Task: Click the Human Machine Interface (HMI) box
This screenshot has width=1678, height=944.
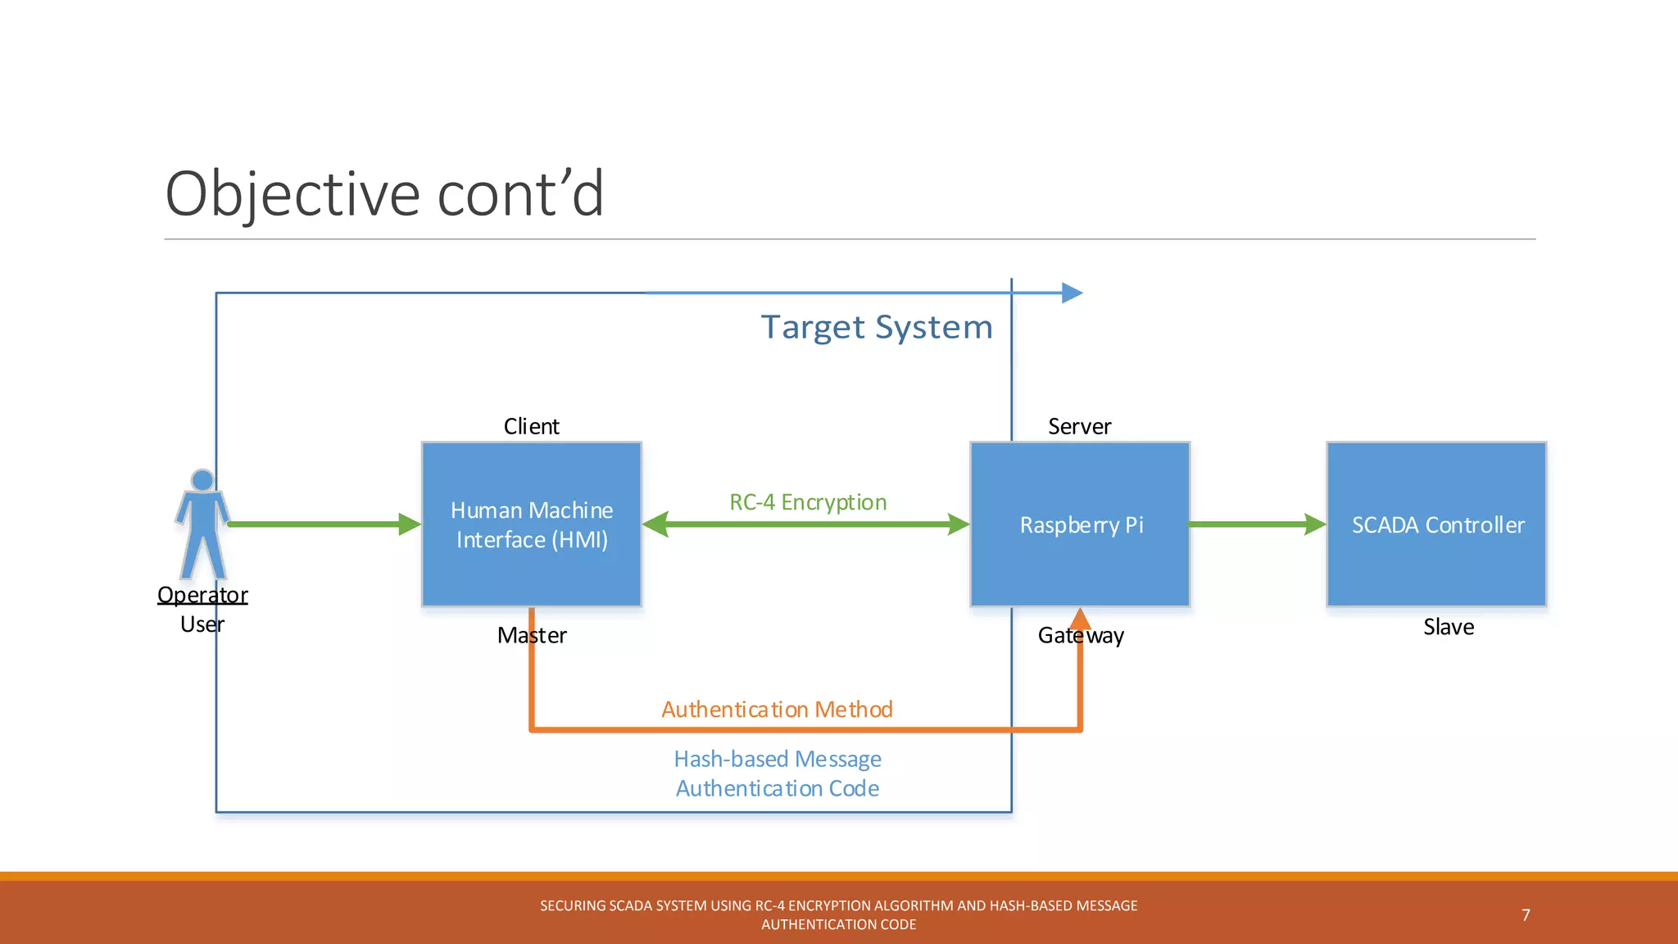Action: click(x=531, y=524)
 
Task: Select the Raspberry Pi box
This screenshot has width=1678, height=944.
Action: click(x=1080, y=524)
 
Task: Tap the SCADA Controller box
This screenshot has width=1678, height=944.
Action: click(x=1436, y=524)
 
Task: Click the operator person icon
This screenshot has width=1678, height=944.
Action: click(x=202, y=524)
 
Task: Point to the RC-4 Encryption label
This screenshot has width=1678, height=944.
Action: click(x=808, y=501)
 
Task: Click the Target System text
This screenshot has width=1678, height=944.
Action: click(x=876, y=327)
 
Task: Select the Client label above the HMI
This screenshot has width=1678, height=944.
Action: click(x=531, y=426)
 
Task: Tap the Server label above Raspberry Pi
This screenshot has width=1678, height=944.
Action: click(x=1079, y=426)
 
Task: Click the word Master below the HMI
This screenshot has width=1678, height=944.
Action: click(x=531, y=635)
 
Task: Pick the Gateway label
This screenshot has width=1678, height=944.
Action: click(x=1080, y=635)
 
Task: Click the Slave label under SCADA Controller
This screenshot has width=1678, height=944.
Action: click(x=1448, y=627)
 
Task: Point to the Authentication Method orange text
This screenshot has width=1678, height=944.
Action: click(x=777, y=709)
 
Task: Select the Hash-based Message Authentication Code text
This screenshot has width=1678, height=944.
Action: click(x=777, y=773)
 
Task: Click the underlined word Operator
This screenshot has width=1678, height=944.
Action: click(x=202, y=594)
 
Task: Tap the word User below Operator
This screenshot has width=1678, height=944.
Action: click(x=202, y=624)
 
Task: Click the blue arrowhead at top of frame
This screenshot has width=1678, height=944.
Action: click(x=1072, y=293)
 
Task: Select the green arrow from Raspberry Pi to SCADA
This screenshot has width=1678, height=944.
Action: click(x=1256, y=524)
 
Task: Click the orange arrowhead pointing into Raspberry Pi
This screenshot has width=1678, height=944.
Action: click(x=1080, y=619)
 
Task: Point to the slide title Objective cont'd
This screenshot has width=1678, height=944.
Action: click(x=384, y=194)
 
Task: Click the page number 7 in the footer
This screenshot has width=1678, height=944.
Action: click(x=1526, y=914)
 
